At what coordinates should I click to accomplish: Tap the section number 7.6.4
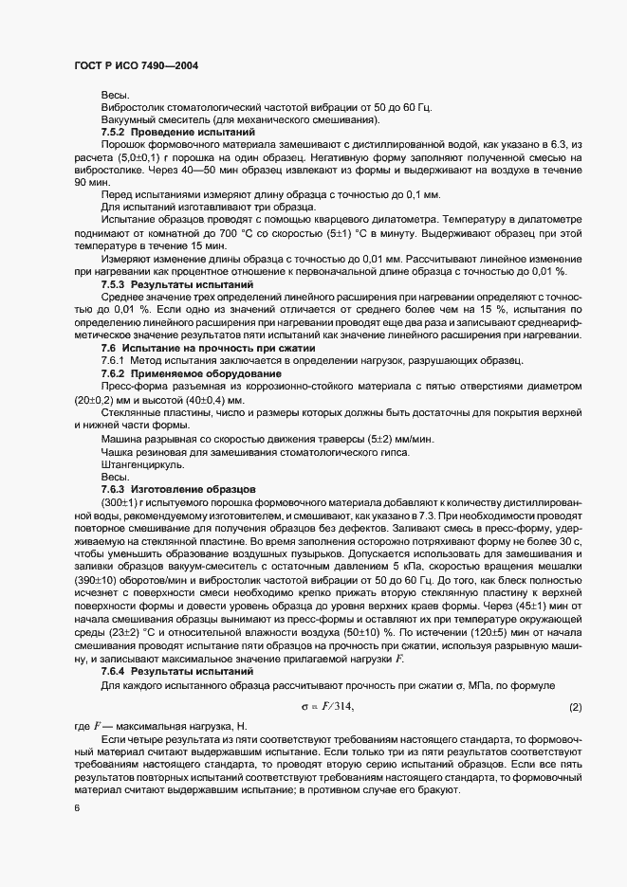(x=114, y=670)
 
